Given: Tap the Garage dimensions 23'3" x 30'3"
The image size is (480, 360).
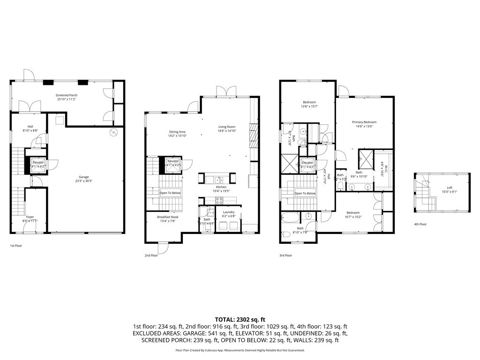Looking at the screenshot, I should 84,181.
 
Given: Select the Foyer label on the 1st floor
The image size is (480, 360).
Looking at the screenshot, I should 30,217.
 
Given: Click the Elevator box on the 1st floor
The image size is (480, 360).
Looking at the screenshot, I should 37,164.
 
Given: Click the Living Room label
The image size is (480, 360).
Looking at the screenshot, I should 226,127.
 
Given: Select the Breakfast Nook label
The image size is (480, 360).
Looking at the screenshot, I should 167,217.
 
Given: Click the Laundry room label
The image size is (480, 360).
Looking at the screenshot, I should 229,212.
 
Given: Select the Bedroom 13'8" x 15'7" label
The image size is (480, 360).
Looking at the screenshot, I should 309,102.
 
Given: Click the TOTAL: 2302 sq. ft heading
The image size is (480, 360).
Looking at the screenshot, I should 240,319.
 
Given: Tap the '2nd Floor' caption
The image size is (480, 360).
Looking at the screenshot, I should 151,255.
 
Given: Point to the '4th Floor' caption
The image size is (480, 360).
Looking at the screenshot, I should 420,224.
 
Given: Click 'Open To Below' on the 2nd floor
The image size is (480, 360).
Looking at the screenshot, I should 170,193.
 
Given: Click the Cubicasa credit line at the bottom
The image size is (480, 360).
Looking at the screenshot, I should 240,350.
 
